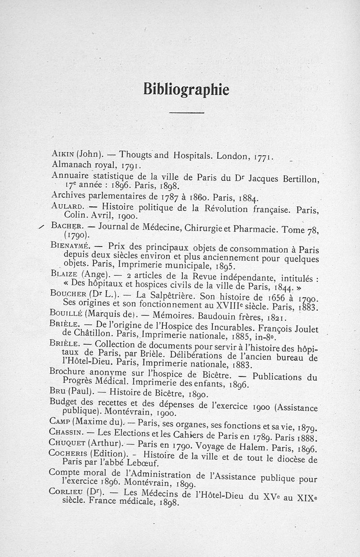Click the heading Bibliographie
(186, 90)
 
